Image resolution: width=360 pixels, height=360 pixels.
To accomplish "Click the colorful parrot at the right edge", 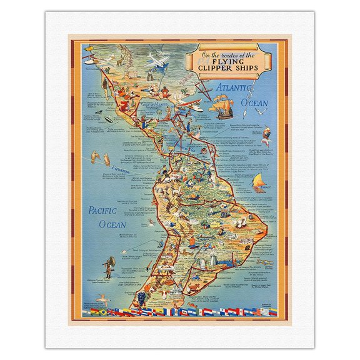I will tap(267, 136).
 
